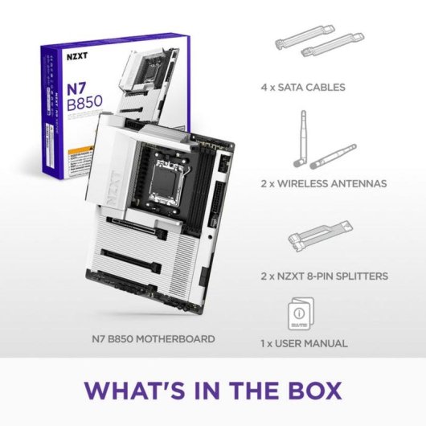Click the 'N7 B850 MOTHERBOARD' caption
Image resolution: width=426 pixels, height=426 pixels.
click(152, 339)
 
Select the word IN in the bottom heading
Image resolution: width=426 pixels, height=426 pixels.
click(205, 391)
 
